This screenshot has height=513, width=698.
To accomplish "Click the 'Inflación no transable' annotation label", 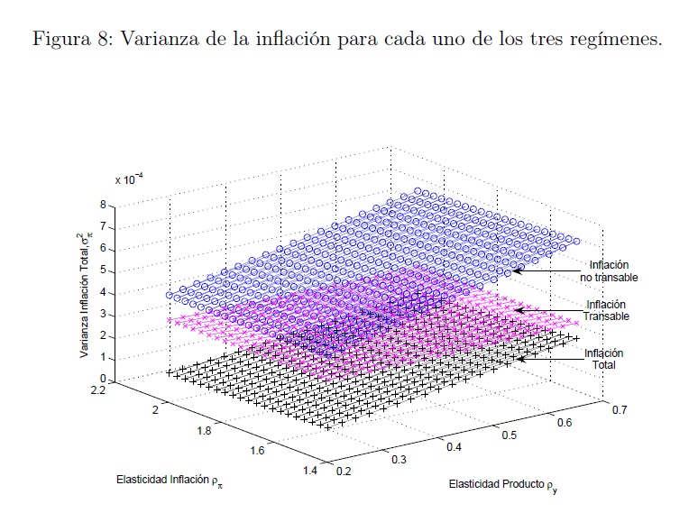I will coord(609,271).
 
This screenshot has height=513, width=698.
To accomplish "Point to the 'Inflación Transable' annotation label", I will coord(606,310).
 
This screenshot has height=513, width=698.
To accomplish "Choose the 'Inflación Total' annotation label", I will coord(604,359).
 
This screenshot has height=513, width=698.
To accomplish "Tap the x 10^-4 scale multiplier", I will coord(126,179).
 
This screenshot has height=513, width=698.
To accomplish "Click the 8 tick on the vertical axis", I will coord(104,205).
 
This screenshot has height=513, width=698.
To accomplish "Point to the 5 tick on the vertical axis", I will coord(104,270).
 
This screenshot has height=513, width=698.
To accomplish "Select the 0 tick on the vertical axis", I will coord(104,380).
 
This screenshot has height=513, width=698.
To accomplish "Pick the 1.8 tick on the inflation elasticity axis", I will coord(205,431).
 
